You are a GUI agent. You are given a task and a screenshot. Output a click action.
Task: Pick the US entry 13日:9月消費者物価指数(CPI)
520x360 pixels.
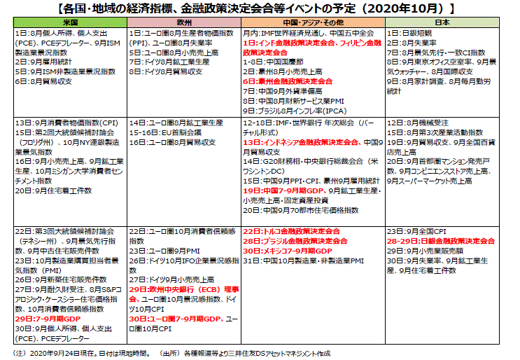click(x=69, y=122)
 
